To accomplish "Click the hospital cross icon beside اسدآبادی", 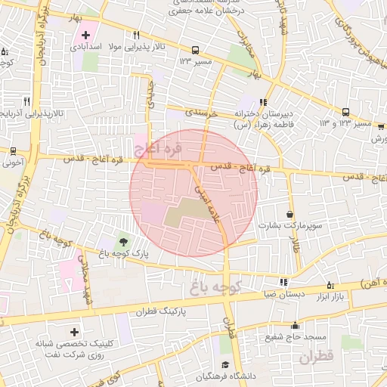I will click(85, 35).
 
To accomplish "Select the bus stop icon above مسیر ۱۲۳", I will click(195, 49).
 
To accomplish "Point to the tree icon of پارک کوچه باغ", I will click(123, 241).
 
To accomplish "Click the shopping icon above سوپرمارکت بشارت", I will click(291, 214).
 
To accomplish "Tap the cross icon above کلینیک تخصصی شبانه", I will click(74, 332).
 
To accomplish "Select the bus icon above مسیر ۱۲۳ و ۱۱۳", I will click(345, 111).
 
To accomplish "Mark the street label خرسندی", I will click(203, 111).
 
